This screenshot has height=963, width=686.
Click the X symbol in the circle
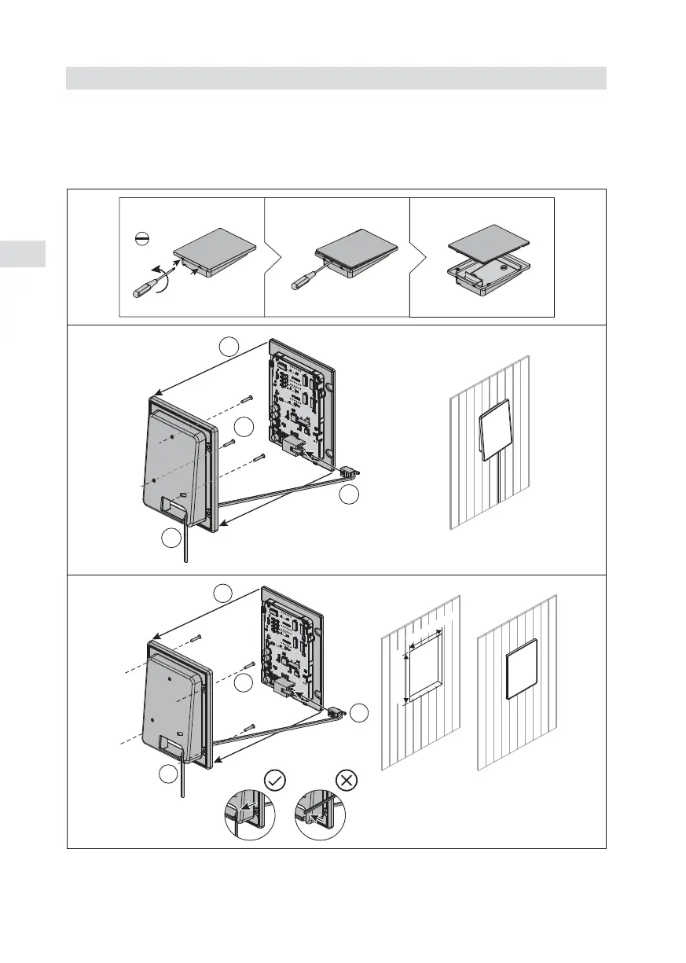(x=347, y=780)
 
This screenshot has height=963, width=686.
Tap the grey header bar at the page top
(x=336, y=78)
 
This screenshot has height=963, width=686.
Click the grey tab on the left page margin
(x=23, y=254)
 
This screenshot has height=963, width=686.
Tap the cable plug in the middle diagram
(x=349, y=473)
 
